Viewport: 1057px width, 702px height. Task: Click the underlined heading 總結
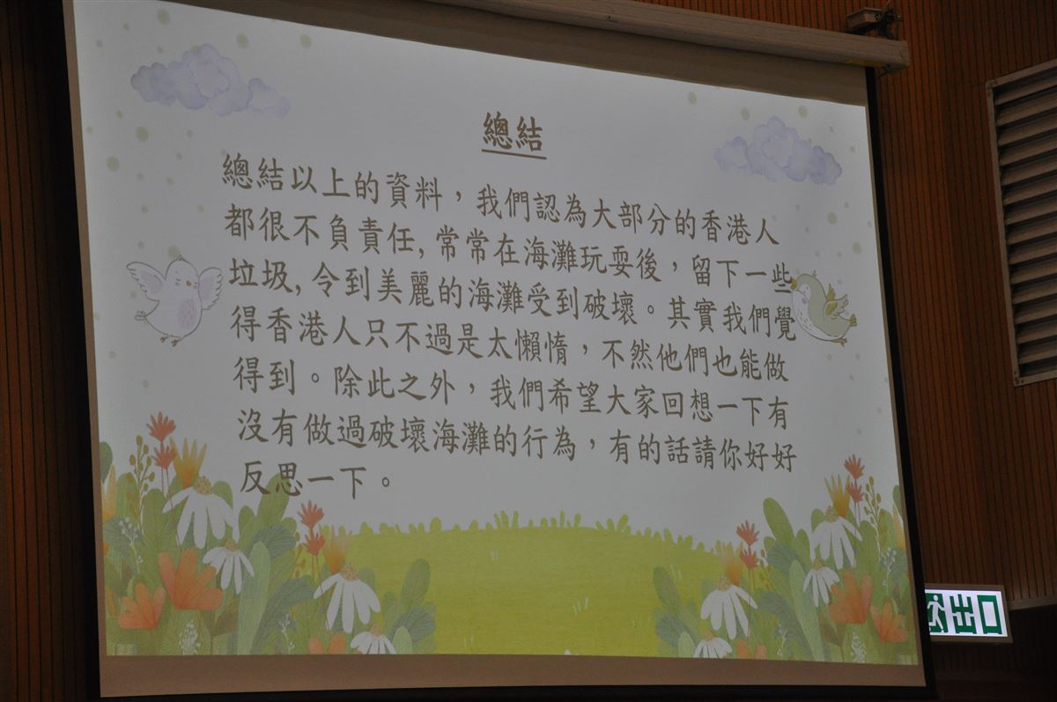tap(514, 134)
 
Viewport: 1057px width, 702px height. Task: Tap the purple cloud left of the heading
tap(209, 80)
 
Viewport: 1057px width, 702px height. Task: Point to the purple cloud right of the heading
tap(778, 151)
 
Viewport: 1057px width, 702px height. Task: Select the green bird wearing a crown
tap(823, 308)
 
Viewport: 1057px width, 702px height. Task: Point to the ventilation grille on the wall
tap(1023, 226)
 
